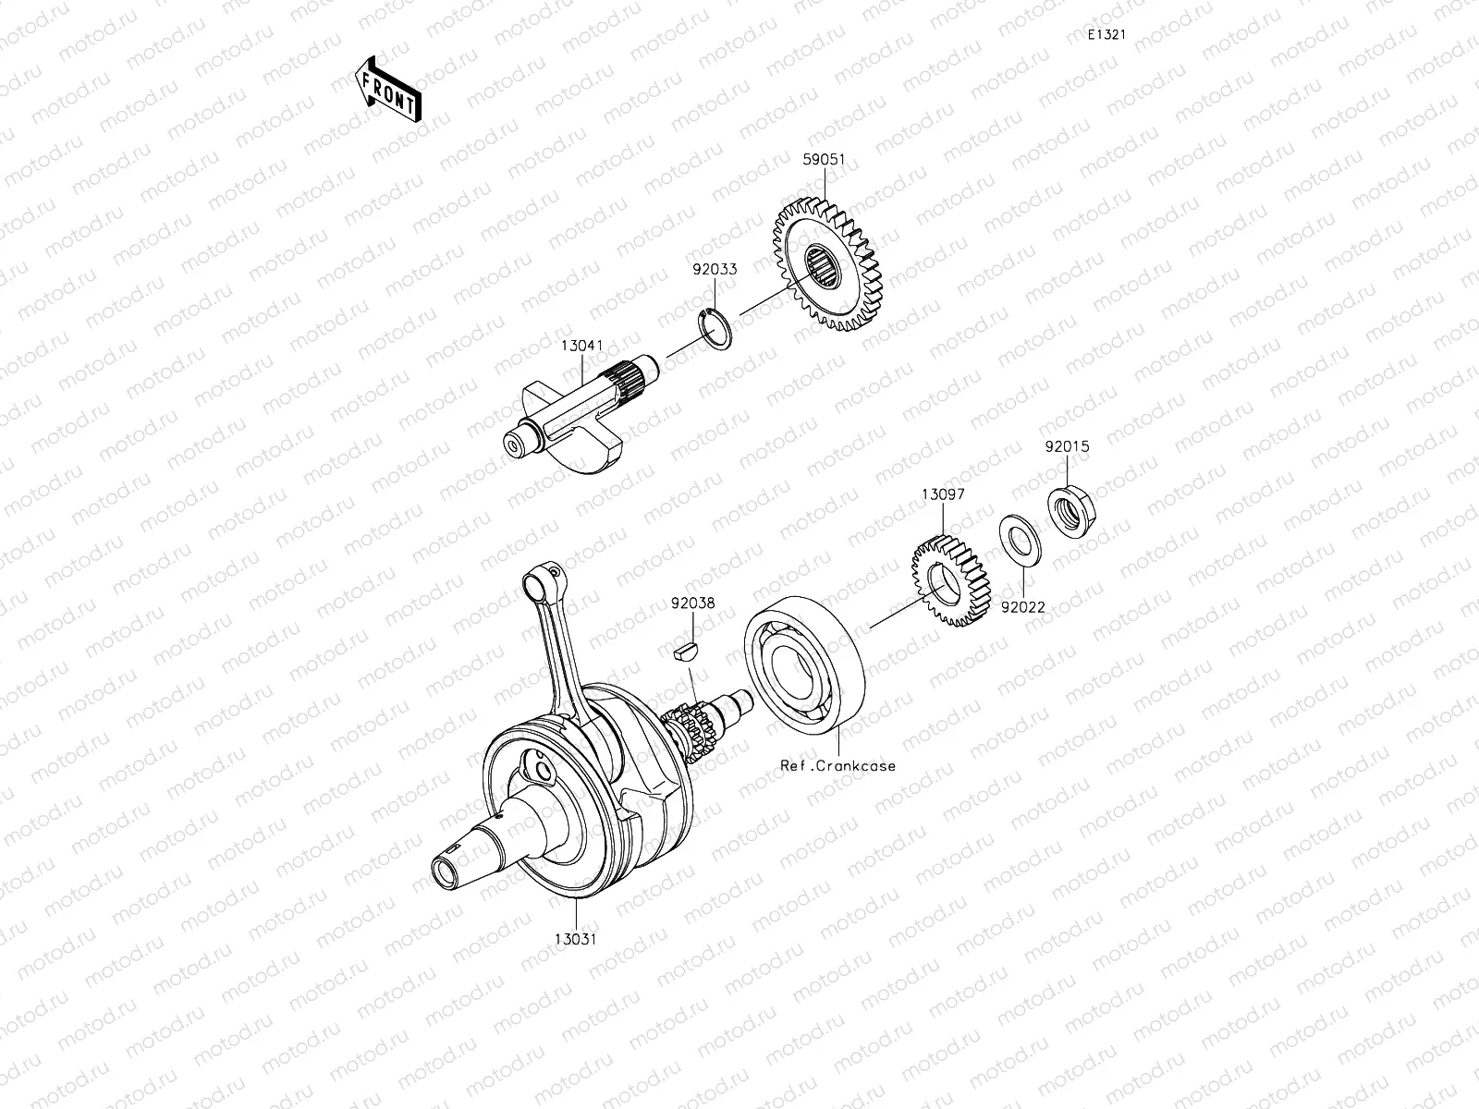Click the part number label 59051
point(824,159)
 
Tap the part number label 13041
point(582,346)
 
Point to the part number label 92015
point(1068,446)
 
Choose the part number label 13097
point(943,494)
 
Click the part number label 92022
point(1022,607)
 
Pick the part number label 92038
point(693,603)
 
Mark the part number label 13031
point(574,940)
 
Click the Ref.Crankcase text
point(837,766)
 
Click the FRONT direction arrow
point(386,90)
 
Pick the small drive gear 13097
point(947,583)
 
